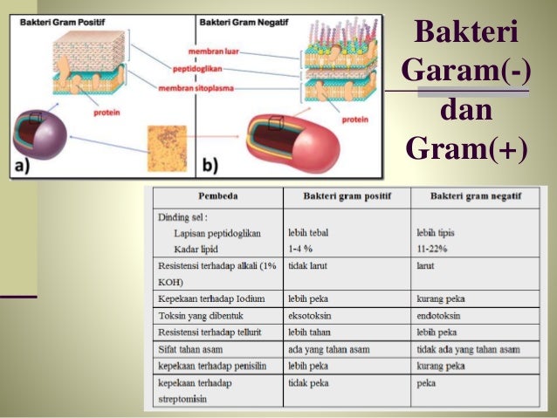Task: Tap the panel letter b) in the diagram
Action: [x=210, y=163]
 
